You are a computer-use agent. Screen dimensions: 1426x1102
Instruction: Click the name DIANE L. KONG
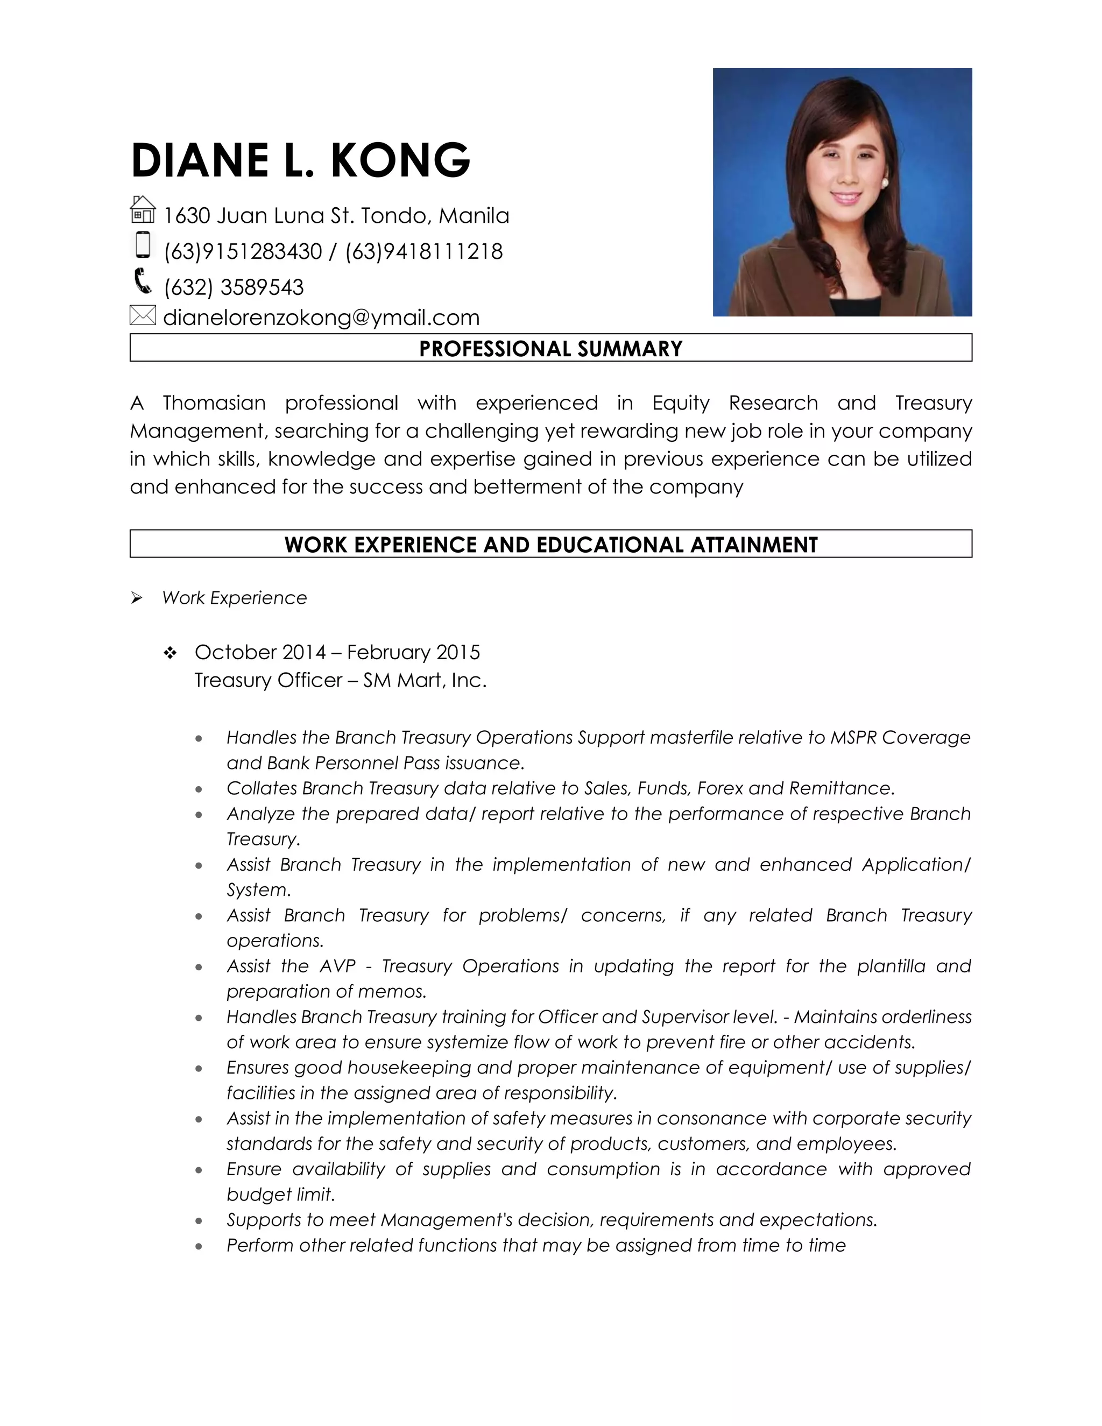pos(300,160)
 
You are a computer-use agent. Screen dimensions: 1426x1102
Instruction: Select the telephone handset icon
pos(142,281)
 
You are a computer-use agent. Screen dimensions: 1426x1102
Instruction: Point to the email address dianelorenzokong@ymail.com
pos(321,317)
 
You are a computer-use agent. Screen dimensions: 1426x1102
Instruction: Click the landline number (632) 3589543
pos(234,287)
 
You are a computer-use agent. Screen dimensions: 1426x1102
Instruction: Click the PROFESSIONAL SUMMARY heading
pos(550,349)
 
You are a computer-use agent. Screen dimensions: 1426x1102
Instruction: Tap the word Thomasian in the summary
pos(214,403)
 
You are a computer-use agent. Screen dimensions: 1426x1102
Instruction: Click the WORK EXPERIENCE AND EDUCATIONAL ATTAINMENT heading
pos(550,545)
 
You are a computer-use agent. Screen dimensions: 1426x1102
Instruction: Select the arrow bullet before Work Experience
pos(137,597)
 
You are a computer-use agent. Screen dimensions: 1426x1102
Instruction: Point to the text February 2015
pos(413,652)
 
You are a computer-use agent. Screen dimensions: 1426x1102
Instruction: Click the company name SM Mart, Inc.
pos(425,680)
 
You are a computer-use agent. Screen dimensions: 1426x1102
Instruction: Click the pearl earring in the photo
pos(885,183)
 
